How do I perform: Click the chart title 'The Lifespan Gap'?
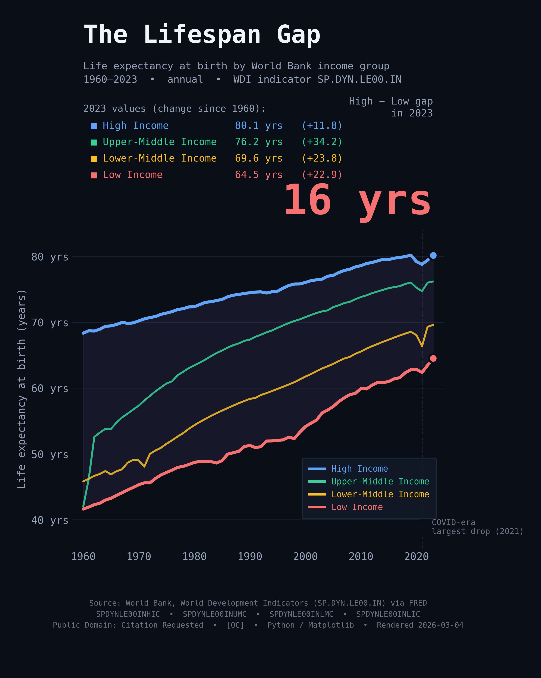[202, 35]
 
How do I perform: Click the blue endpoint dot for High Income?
[433, 255]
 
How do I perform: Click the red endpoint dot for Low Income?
[433, 359]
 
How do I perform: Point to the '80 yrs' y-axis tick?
[50, 257]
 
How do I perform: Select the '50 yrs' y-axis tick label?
[50, 454]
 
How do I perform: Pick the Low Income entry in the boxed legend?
[357, 507]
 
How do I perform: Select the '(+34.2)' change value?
[322, 142]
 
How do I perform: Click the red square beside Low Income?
[94, 175]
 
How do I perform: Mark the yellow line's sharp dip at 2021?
[422, 346]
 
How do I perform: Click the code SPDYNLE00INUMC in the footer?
[214, 614]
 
